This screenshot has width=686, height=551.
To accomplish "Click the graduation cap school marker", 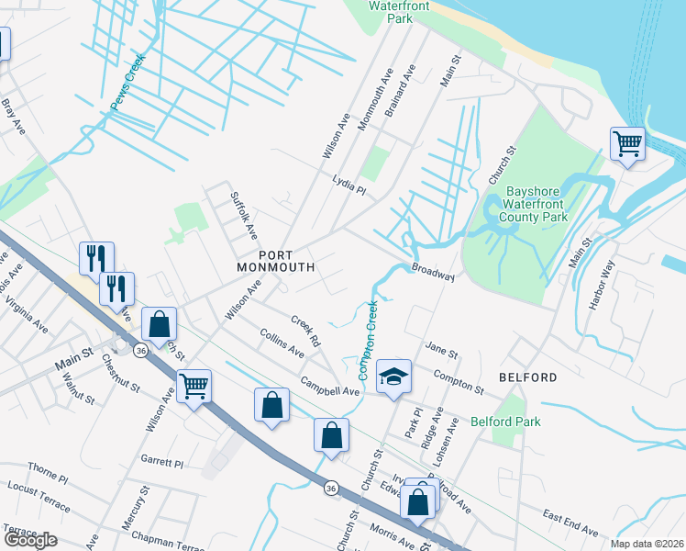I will [x=393, y=376].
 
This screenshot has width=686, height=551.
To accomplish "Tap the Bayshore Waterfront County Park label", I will [x=537, y=205].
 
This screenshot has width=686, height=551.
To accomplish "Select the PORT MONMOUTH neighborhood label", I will [x=275, y=261].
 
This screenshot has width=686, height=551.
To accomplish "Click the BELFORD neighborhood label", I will [x=527, y=377].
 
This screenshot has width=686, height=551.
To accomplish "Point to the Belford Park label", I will [x=504, y=422].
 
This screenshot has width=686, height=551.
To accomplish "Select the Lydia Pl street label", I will [x=349, y=186].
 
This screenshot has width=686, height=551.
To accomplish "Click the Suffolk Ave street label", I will [x=244, y=211].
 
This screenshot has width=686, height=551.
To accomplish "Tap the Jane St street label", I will [x=441, y=349].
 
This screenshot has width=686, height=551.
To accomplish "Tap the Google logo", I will [x=29, y=540].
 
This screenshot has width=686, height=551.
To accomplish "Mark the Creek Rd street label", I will [x=305, y=332].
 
